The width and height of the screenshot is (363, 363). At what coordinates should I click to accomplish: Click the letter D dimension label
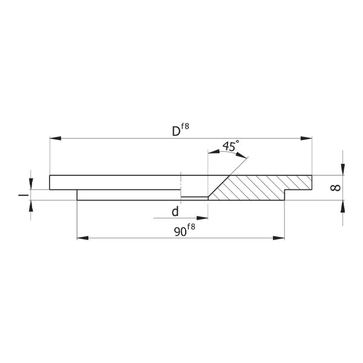tap(176, 131)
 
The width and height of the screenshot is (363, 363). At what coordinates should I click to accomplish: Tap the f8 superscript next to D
tap(185, 126)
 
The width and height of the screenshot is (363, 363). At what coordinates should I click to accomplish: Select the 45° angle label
tap(231, 146)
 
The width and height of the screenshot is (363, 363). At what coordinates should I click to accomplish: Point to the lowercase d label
tap(175, 211)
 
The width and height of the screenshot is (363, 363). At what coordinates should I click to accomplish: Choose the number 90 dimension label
tap(180, 232)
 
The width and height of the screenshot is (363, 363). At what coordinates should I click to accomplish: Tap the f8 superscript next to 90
tap(191, 227)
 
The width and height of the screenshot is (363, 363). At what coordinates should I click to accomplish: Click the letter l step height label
tap(24, 195)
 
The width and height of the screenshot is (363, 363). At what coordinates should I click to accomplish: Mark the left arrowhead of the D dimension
tap(56, 138)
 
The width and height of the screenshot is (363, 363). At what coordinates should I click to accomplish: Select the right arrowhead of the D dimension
tap(306, 138)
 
